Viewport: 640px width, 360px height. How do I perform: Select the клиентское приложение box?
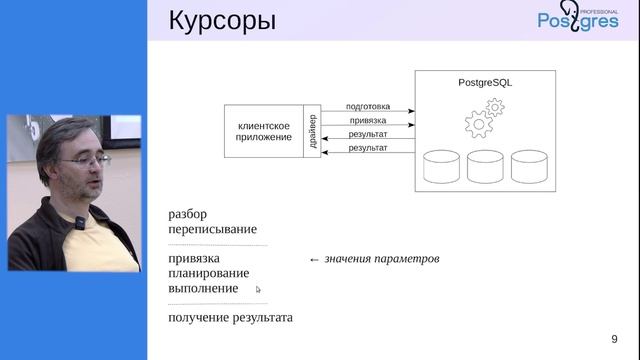point(264,131)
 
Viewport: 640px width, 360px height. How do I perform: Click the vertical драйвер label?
point(313,131)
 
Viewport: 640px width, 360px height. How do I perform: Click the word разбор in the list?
point(188,214)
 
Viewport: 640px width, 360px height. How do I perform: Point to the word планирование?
point(209,273)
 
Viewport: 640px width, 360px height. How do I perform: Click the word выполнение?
point(203,288)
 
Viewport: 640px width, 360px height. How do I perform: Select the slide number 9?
point(614,338)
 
